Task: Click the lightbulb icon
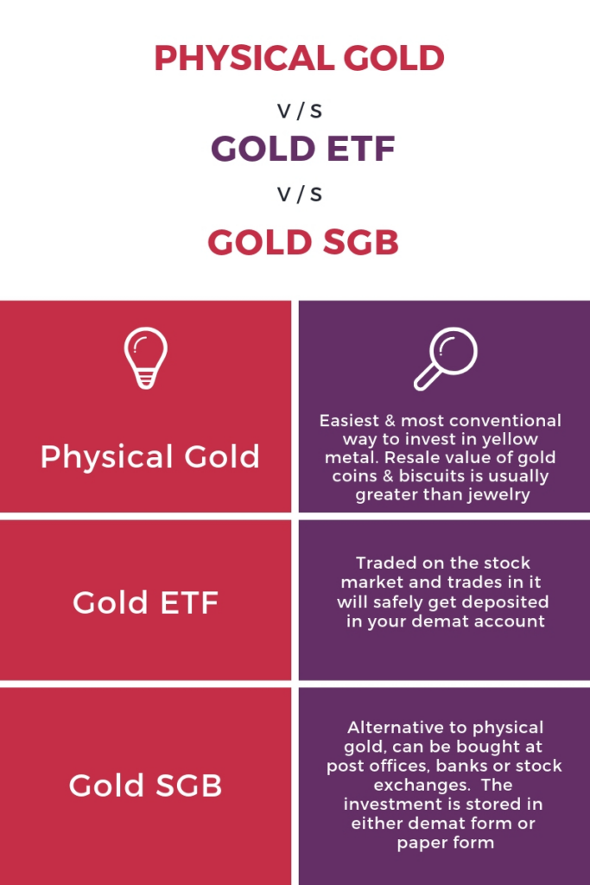click(145, 358)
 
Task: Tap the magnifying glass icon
click(446, 359)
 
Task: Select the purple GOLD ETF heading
click(303, 149)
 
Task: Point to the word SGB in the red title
click(352, 242)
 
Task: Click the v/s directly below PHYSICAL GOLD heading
click(300, 111)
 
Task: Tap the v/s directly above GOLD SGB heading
click(300, 194)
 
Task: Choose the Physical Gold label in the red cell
click(150, 456)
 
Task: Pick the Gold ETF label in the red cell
click(145, 602)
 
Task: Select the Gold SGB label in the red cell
click(145, 785)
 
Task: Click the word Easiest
click(349, 421)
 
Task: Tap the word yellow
click(511, 439)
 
